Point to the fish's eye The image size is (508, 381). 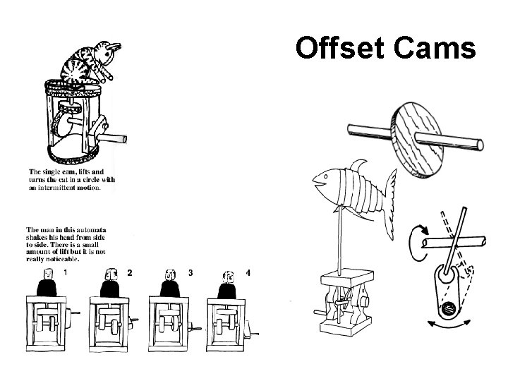(327, 176)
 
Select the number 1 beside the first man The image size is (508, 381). (66, 272)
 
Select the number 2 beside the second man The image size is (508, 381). (128, 272)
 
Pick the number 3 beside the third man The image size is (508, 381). (190, 272)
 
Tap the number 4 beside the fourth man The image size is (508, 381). (248, 272)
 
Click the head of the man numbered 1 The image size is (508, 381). (47, 273)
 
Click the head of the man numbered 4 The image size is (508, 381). (227, 276)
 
